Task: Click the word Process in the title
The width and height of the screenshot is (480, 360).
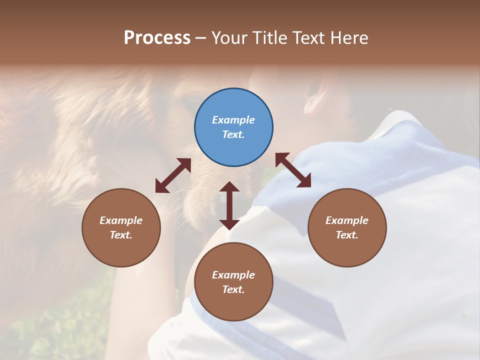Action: click(157, 38)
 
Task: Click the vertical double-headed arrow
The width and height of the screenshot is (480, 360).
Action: click(229, 205)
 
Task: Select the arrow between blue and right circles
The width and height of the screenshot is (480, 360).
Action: click(293, 170)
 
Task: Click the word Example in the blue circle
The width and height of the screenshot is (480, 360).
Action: click(233, 120)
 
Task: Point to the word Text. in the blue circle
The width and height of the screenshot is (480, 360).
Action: click(233, 134)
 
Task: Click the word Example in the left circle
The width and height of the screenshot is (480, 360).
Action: click(121, 220)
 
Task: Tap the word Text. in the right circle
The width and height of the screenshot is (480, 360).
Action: click(347, 235)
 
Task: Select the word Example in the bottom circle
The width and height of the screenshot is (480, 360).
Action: click(233, 275)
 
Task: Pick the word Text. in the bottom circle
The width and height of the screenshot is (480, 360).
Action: click(233, 289)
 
